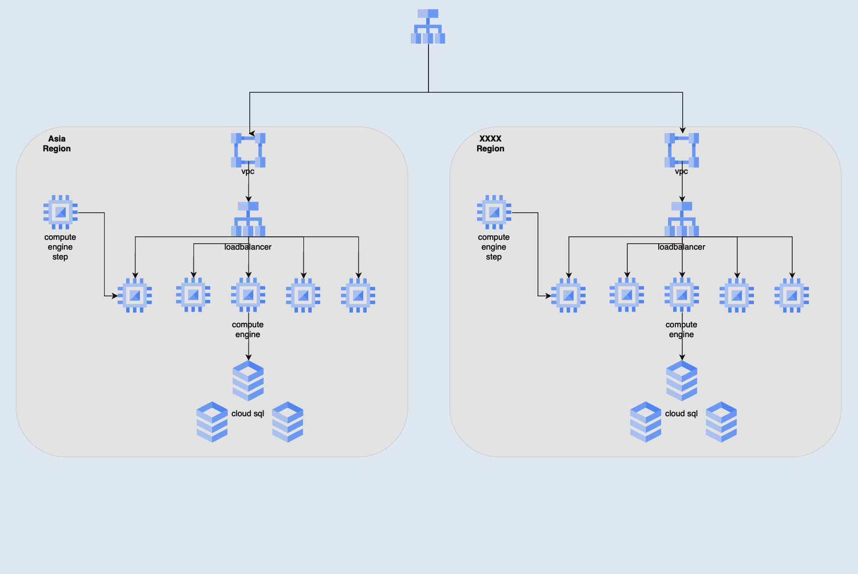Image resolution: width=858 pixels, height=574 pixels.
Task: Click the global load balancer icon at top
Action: click(x=428, y=27)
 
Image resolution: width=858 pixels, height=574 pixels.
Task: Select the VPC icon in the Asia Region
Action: click(x=248, y=150)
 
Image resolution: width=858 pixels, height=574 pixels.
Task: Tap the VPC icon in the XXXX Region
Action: click(x=682, y=150)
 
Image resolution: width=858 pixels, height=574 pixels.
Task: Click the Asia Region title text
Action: click(x=57, y=143)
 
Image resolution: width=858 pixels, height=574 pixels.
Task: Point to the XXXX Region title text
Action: click(x=490, y=143)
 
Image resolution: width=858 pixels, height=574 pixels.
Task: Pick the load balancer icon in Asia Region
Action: click(x=248, y=219)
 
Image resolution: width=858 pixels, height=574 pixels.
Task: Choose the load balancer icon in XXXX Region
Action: click(x=682, y=219)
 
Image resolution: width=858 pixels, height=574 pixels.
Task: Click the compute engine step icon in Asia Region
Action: click(x=60, y=212)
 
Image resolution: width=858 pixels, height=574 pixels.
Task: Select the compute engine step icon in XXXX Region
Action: click(x=494, y=212)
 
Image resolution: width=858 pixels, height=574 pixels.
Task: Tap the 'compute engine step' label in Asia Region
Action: click(x=60, y=247)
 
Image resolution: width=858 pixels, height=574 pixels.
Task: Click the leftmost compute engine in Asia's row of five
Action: click(x=135, y=295)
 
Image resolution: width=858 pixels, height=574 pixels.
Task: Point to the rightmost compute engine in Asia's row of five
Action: click(x=358, y=295)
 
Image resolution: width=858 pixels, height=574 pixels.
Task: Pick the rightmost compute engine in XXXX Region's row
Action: click(x=792, y=295)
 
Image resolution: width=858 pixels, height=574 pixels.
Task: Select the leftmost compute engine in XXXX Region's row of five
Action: click(x=568, y=295)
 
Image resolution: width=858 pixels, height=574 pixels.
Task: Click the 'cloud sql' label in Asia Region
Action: click(x=248, y=414)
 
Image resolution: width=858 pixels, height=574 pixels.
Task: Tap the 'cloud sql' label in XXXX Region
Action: click(x=681, y=414)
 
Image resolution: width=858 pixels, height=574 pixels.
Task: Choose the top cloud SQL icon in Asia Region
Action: click(x=248, y=380)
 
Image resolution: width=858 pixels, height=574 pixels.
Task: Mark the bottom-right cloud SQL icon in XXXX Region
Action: click(x=721, y=422)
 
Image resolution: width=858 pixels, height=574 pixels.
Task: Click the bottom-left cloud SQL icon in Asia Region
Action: click(x=212, y=422)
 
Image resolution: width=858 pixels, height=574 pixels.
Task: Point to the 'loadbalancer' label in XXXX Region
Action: click(x=681, y=247)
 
